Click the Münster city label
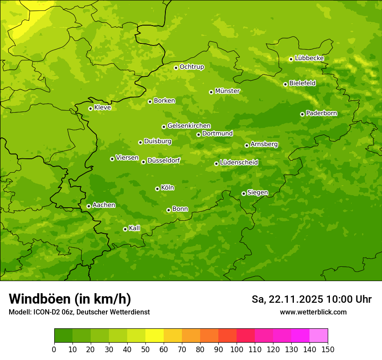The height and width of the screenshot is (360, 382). pyautogui.click(x=227, y=91)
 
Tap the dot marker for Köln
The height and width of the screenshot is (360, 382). pyautogui.click(x=157, y=189)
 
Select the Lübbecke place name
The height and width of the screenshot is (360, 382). pyautogui.click(x=309, y=58)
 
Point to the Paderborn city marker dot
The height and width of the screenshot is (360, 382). pyautogui.click(x=302, y=114)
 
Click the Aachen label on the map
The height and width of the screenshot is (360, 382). pyautogui.click(x=104, y=205)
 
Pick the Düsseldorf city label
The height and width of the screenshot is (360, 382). pyautogui.click(x=163, y=161)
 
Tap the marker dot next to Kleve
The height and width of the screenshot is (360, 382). pyautogui.click(x=90, y=108)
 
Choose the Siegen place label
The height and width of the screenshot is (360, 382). pyautogui.click(x=257, y=193)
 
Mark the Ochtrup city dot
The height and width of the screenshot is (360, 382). pyautogui.click(x=176, y=68)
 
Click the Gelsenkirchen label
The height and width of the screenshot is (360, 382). pyautogui.click(x=189, y=126)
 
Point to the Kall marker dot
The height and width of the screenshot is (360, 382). pyautogui.click(x=125, y=229)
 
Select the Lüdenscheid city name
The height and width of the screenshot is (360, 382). pyautogui.click(x=239, y=163)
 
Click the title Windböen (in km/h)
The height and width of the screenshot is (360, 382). pyautogui.click(x=70, y=299)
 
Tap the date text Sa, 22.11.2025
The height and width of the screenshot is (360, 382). pyautogui.click(x=287, y=299)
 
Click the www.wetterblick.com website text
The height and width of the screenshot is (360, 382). pyautogui.click(x=313, y=312)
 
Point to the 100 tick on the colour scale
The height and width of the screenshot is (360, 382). pyautogui.click(x=237, y=349)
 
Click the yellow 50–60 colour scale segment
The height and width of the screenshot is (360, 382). pyautogui.click(x=155, y=336)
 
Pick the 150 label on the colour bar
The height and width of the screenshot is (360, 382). pyautogui.click(x=327, y=349)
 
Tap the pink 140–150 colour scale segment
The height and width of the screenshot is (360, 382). pyautogui.click(x=319, y=336)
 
